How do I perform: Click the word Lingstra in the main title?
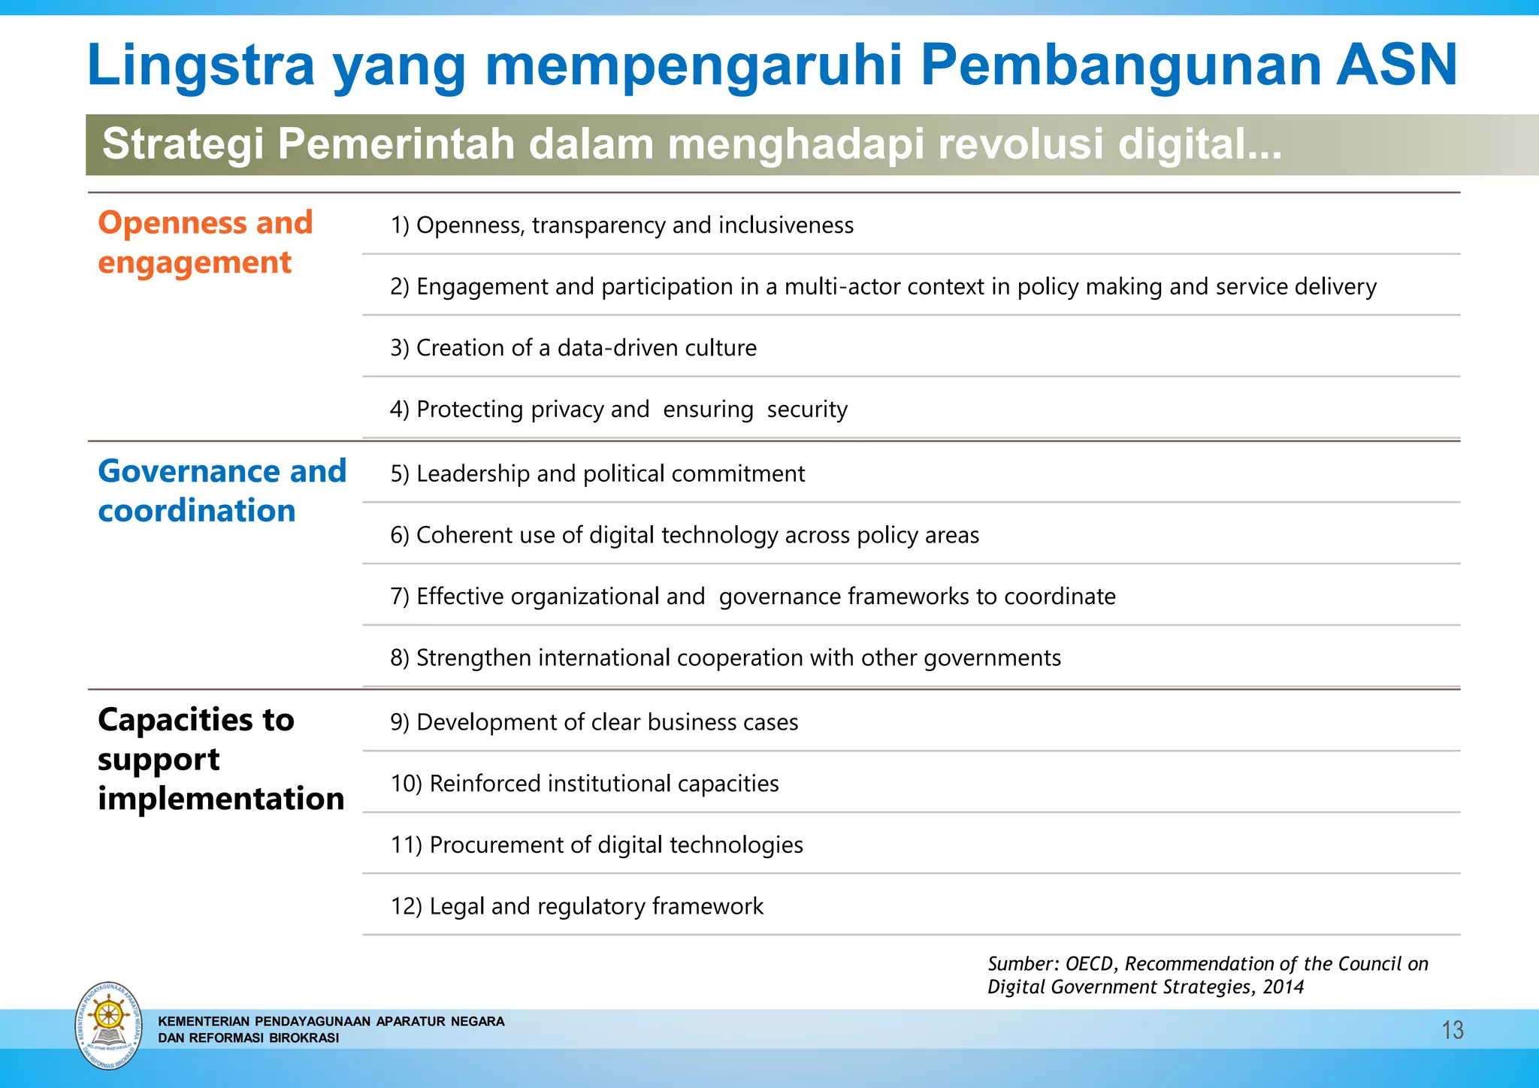coord(200,66)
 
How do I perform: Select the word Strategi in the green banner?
coord(183,144)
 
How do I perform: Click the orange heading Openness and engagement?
coord(205,242)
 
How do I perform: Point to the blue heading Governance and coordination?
coord(222,491)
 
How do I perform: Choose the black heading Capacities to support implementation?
coord(220,759)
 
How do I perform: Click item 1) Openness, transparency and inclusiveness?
coord(621,225)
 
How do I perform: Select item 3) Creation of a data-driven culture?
coord(573,348)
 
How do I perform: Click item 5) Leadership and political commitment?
coord(597,474)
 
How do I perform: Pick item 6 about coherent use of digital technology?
coord(684,535)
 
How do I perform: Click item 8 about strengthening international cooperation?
coord(725,658)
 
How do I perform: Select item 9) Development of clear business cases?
coord(594,722)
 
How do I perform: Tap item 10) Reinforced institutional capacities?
coord(584,784)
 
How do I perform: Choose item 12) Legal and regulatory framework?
coord(576,907)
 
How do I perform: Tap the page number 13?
coord(1452,1030)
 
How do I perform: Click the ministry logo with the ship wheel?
coord(109,1026)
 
